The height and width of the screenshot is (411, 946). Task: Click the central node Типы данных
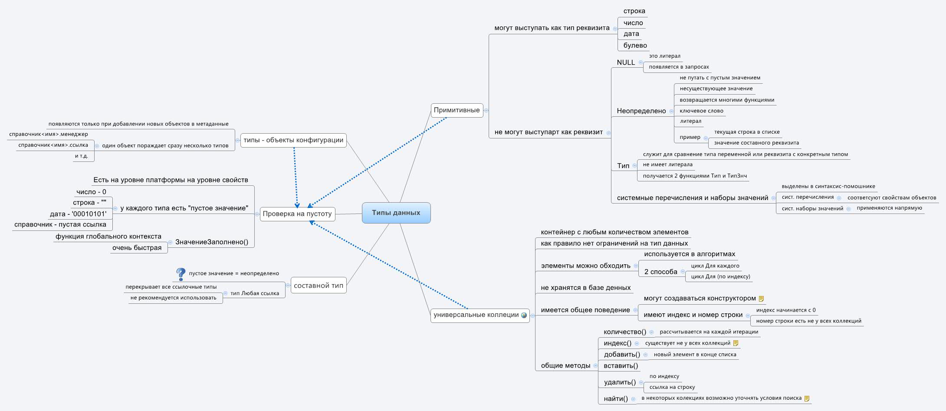point(396,213)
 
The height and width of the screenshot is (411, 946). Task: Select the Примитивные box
point(457,110)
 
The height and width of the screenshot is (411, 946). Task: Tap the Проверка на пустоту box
point(297,214)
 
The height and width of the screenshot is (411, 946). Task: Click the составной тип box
point(318,286)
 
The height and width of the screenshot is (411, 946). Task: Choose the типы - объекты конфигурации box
point(293,140)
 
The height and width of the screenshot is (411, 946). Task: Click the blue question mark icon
point(181,274)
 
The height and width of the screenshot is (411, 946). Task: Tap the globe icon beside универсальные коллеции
point(524,315)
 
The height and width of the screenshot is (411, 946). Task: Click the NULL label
point(626,62)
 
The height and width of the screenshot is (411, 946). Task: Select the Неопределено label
point(641,111)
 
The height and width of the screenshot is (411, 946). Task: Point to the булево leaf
point(635,46)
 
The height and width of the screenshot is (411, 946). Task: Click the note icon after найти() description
point(807,398)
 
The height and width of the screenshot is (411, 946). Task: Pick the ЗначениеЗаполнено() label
point(212,242)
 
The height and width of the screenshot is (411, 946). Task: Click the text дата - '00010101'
point(78,214)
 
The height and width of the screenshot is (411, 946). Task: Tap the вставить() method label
point(621,366)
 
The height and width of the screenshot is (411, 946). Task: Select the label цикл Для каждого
point(715,266)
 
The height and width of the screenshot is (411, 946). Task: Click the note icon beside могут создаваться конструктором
point(761,299)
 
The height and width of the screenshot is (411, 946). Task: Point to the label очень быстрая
point(137,248)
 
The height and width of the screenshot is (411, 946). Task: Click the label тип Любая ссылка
point(254,293)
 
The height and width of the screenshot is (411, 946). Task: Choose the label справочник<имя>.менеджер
point(49,134)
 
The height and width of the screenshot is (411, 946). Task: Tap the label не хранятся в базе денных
point(585,288)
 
